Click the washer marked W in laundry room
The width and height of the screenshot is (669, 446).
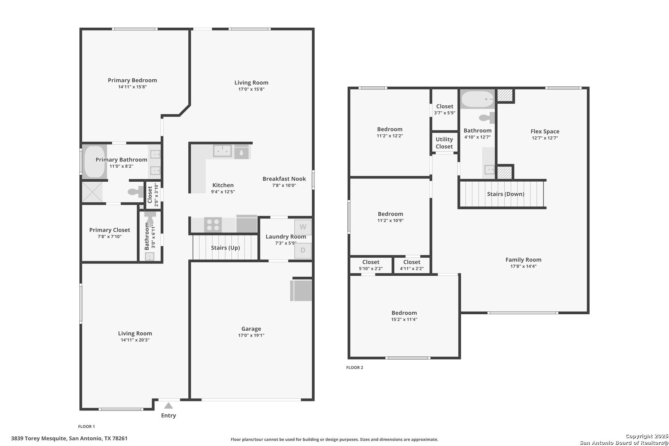click(x=303, y=227)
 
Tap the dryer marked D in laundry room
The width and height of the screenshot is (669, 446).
click(x=303, y=250)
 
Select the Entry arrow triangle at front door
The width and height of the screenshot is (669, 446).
click(x=168, y=406)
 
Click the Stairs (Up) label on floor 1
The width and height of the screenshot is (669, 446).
click(x=225, y=248)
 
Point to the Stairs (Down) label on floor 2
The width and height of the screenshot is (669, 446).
click(x=505, y=194)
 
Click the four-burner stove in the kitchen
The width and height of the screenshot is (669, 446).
click(x=213, y=225)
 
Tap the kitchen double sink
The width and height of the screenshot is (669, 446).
click(x=223, y=151)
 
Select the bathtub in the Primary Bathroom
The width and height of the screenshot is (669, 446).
click(x=94, y=162)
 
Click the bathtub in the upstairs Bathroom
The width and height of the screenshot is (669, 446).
click(x=477, y=100)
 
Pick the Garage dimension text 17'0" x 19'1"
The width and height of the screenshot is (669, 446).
click(x=251, y=335)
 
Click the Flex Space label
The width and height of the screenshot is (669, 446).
click(x=545, y=131)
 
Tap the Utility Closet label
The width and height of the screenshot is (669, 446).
click(x=444, y=143)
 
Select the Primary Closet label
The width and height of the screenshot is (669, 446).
click(x=109, y=230)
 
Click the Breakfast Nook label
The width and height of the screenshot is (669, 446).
click(x=284, y=179)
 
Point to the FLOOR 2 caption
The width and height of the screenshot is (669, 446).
click(x=355, y=368)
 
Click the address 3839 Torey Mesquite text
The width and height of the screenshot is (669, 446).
click(x=39, y=438)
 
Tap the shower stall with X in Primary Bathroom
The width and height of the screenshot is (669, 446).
click(x=92, y=192)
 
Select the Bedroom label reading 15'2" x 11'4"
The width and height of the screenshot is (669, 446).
click(x=404, y=313)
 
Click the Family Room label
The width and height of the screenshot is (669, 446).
click(x=523, y=260)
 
